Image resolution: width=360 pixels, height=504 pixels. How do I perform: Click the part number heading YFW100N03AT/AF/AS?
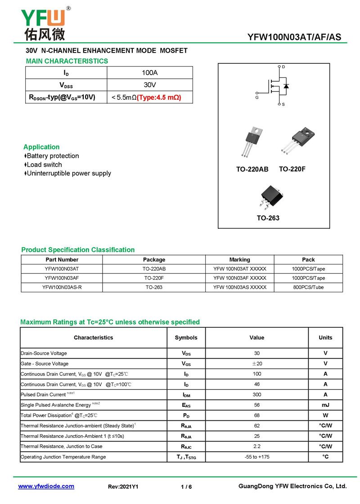click(294, 37)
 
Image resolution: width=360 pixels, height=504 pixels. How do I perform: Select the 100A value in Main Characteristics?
click(150, 73)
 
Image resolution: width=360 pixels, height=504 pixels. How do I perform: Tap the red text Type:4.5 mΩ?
click(159, 97)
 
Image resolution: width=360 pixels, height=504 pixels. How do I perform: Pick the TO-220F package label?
click(292, 169)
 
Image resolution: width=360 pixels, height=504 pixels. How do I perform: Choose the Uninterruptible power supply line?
click(67, 174)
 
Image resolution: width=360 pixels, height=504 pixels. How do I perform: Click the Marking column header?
click(239, 260)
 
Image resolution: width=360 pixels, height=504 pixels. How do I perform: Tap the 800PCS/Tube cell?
click(308, 287)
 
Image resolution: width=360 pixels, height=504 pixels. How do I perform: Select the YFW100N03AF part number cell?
click(62, 278)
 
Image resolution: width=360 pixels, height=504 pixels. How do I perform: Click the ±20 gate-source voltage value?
click(256, 364)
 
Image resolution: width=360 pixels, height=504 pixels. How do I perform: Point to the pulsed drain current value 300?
click(256, 395)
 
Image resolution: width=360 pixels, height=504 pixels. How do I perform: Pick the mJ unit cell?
click(325, 405)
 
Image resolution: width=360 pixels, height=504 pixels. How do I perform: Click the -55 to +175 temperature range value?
click(256, 457)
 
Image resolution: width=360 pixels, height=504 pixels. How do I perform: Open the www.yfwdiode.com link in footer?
click(46, 486)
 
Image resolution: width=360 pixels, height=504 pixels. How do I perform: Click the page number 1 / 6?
click(186, 487)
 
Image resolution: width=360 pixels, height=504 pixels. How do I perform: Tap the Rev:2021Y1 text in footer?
click(123, 487)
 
